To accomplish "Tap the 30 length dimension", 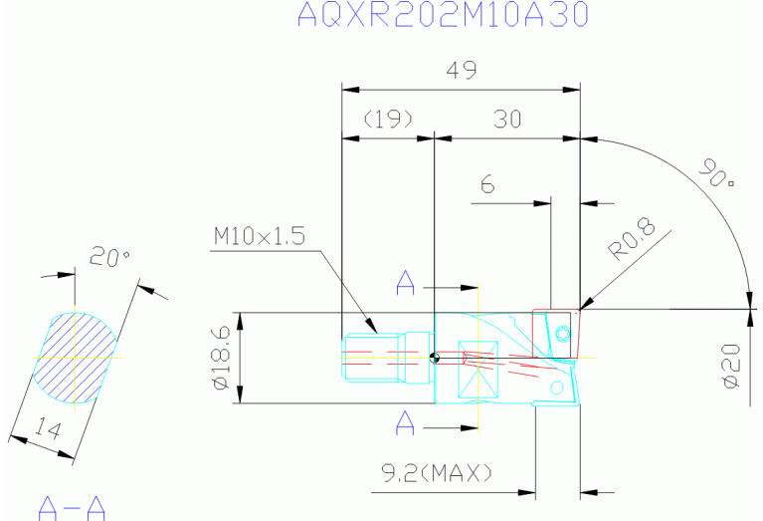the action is tap(507, 120).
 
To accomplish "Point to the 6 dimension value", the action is tap(487, 185).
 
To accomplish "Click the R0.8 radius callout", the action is tap(635, 240).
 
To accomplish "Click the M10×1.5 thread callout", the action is tap(259, 236).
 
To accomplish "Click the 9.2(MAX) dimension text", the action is tap(439, 470).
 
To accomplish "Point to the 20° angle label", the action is tap(109, 258).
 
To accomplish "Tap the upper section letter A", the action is tap(404, 283).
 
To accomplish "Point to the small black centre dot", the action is tap(433, 357).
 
